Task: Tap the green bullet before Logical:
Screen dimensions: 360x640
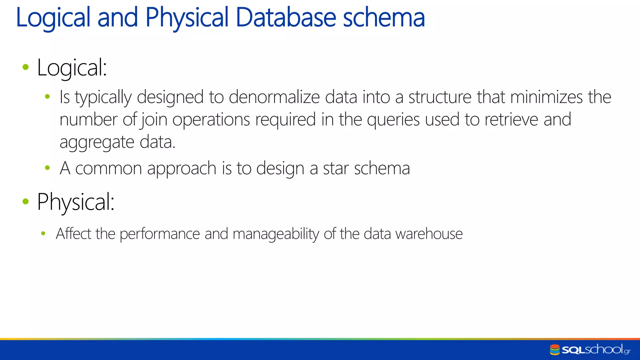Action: coord(26,67)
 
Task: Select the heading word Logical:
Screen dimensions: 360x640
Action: coord(72,67)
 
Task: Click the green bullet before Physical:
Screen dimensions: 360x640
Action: coord(26,202)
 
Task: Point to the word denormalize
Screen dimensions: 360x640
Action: coord(274,97)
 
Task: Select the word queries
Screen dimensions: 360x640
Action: coord(393,120)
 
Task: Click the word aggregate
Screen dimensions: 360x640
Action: coord(97,142)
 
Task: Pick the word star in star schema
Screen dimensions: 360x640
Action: coord(336,168)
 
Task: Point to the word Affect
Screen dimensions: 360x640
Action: coord(73,233)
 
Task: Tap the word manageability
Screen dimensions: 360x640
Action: coord(276,234)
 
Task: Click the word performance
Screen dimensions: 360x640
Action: coord(160,234)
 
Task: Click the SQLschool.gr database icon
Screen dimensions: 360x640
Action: coord(555,350)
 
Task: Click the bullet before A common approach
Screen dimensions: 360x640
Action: coord(47,168)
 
